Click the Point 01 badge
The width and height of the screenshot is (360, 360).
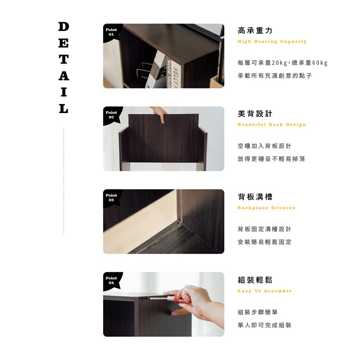pos(111,32)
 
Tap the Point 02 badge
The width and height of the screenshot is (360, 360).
pos(111,115)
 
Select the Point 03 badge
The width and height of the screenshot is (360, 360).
pos(111,198)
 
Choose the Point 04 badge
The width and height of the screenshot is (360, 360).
pos(111,280)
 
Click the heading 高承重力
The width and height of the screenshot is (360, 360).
pos(255,31)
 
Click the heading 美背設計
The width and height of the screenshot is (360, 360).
pos(255,114)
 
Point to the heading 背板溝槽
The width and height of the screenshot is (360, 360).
pos(255,197)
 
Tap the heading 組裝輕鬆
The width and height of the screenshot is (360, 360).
pos(255,280)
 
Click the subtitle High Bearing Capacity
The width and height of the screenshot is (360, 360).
pos(272,41)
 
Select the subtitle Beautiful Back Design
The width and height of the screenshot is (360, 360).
pos(272,125)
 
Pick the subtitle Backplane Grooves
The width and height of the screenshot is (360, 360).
pos(266,208)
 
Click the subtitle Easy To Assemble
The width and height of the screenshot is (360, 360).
pos(265,291)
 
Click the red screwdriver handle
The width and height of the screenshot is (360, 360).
pos(178,299)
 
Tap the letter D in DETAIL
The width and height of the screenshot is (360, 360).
pos(63,27)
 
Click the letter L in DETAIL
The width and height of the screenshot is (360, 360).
pos(63,108)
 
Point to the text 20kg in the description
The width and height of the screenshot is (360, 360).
pos(279,63)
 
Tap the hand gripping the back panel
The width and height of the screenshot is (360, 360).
pos(159,114)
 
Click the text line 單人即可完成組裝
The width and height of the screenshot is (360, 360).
pos(265,325)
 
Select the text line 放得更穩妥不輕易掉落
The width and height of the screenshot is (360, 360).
pos(271,159)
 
